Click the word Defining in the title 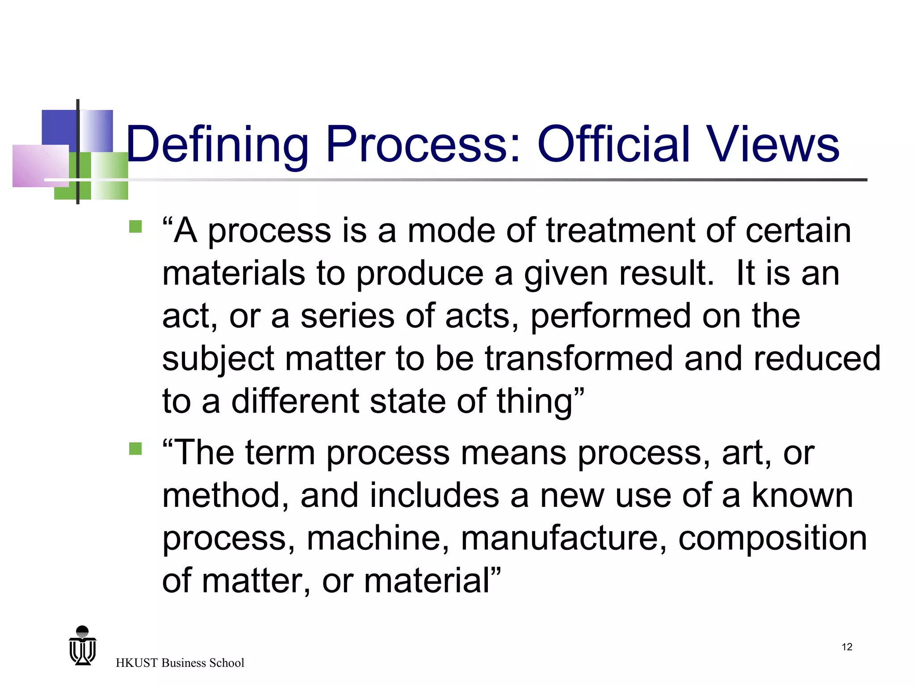[x=218, y=145]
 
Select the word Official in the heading [x=614, y=144]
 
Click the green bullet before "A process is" [x=135, y=227]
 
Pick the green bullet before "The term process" [x=135, y=448]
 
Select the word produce [x=420, y=274]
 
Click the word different [x=295, y=401]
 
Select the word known [x=802, y=495]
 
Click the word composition [x=772, y=539]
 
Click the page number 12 [x=847, y=647]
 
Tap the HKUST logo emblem [x=83, y=646]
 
